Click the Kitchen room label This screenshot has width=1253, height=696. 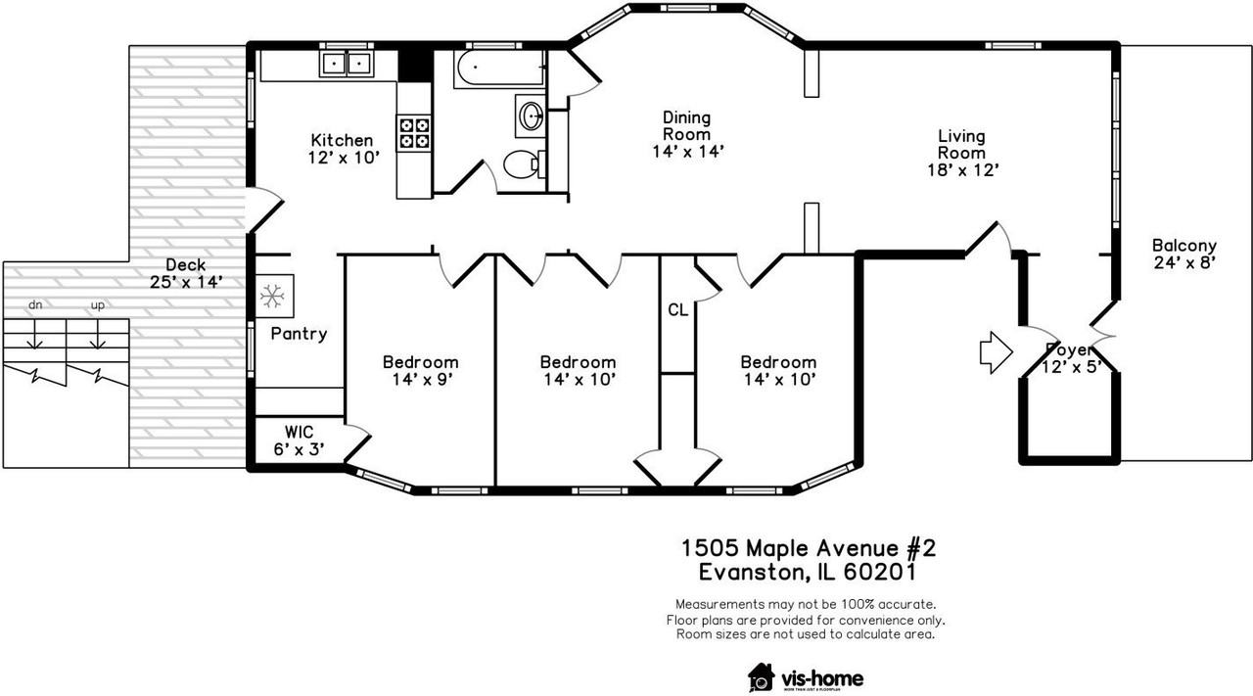342,140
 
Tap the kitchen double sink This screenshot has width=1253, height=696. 346,64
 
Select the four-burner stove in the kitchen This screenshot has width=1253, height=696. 413,132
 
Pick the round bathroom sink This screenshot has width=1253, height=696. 532,116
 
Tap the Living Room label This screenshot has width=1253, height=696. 961,144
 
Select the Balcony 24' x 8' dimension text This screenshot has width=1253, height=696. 1183,262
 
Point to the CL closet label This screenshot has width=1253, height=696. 677,310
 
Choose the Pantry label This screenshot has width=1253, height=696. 299,334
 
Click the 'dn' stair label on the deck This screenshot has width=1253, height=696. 35,305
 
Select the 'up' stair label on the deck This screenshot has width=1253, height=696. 97,305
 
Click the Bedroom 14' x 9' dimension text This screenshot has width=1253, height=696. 420,378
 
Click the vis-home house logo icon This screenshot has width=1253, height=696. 761,676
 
